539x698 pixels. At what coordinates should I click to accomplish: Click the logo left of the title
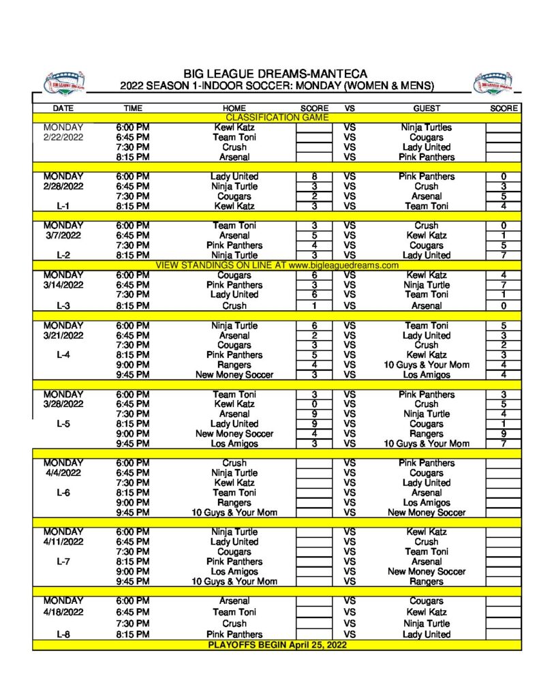[64, 82]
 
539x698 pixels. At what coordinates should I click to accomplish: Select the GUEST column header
[427, 108]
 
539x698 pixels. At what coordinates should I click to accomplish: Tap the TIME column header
[133, 108]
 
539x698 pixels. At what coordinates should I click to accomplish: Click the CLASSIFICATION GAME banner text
[277, 118]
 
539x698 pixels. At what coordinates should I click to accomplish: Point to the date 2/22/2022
[63, 137]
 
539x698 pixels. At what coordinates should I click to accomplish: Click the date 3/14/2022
[63, 285]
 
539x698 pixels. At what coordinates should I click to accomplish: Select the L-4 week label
[63, 355]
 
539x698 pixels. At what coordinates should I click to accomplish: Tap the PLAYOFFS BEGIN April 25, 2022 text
[277, 644]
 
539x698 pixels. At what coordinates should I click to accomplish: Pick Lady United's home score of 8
[313, 177]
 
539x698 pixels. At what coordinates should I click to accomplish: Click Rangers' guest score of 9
[503, 434]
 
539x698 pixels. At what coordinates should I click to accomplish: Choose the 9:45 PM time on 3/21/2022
[133, 374]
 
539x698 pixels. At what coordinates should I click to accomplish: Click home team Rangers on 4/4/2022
[234, 502]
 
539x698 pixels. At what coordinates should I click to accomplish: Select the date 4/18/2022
[63, 612]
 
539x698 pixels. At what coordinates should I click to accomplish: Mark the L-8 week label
[63, 634]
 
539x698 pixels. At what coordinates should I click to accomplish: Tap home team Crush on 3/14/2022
[234, 306]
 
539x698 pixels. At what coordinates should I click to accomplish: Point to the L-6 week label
[63, 492]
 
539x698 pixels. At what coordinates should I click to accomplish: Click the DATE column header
[63, 108]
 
